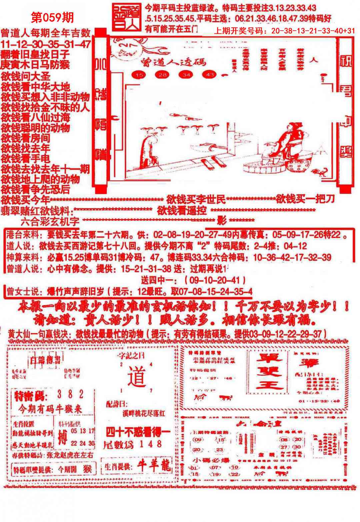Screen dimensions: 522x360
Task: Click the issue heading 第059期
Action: (x=52, y=18)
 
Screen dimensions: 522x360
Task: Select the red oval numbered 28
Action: (x=163, y=75)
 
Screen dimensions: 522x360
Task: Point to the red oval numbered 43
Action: (x=210, y=75)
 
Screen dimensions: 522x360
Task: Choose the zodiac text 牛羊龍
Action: (x=154, y=466)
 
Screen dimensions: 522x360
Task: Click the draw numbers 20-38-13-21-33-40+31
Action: (x=313, y=31)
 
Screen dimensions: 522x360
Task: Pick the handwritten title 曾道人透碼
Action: (x=173, y=62)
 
